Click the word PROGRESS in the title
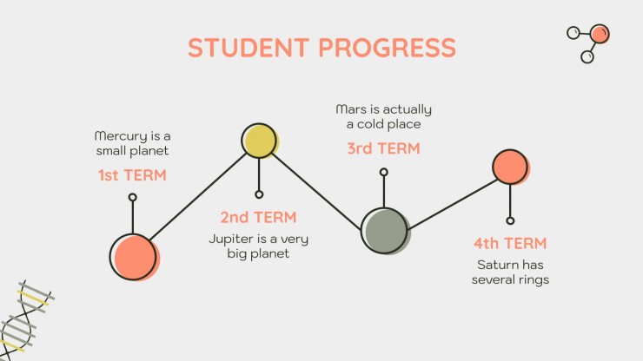tap(388, 47)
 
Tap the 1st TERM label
tap(132, 175)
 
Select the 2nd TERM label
tap(258, 217)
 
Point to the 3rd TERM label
tap(383, 148)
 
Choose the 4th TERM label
tap(510, 243)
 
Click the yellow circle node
tap(259, 141)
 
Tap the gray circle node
tap(385, 231)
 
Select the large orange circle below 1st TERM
tap(134, 258)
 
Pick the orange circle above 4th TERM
tap(511, 167)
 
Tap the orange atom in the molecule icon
tap(600, 34)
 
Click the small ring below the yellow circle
tap(259, 194)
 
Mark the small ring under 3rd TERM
tap(384, 172)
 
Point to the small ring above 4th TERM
tap(510, 221)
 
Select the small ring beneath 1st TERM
tap(132, 198)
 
